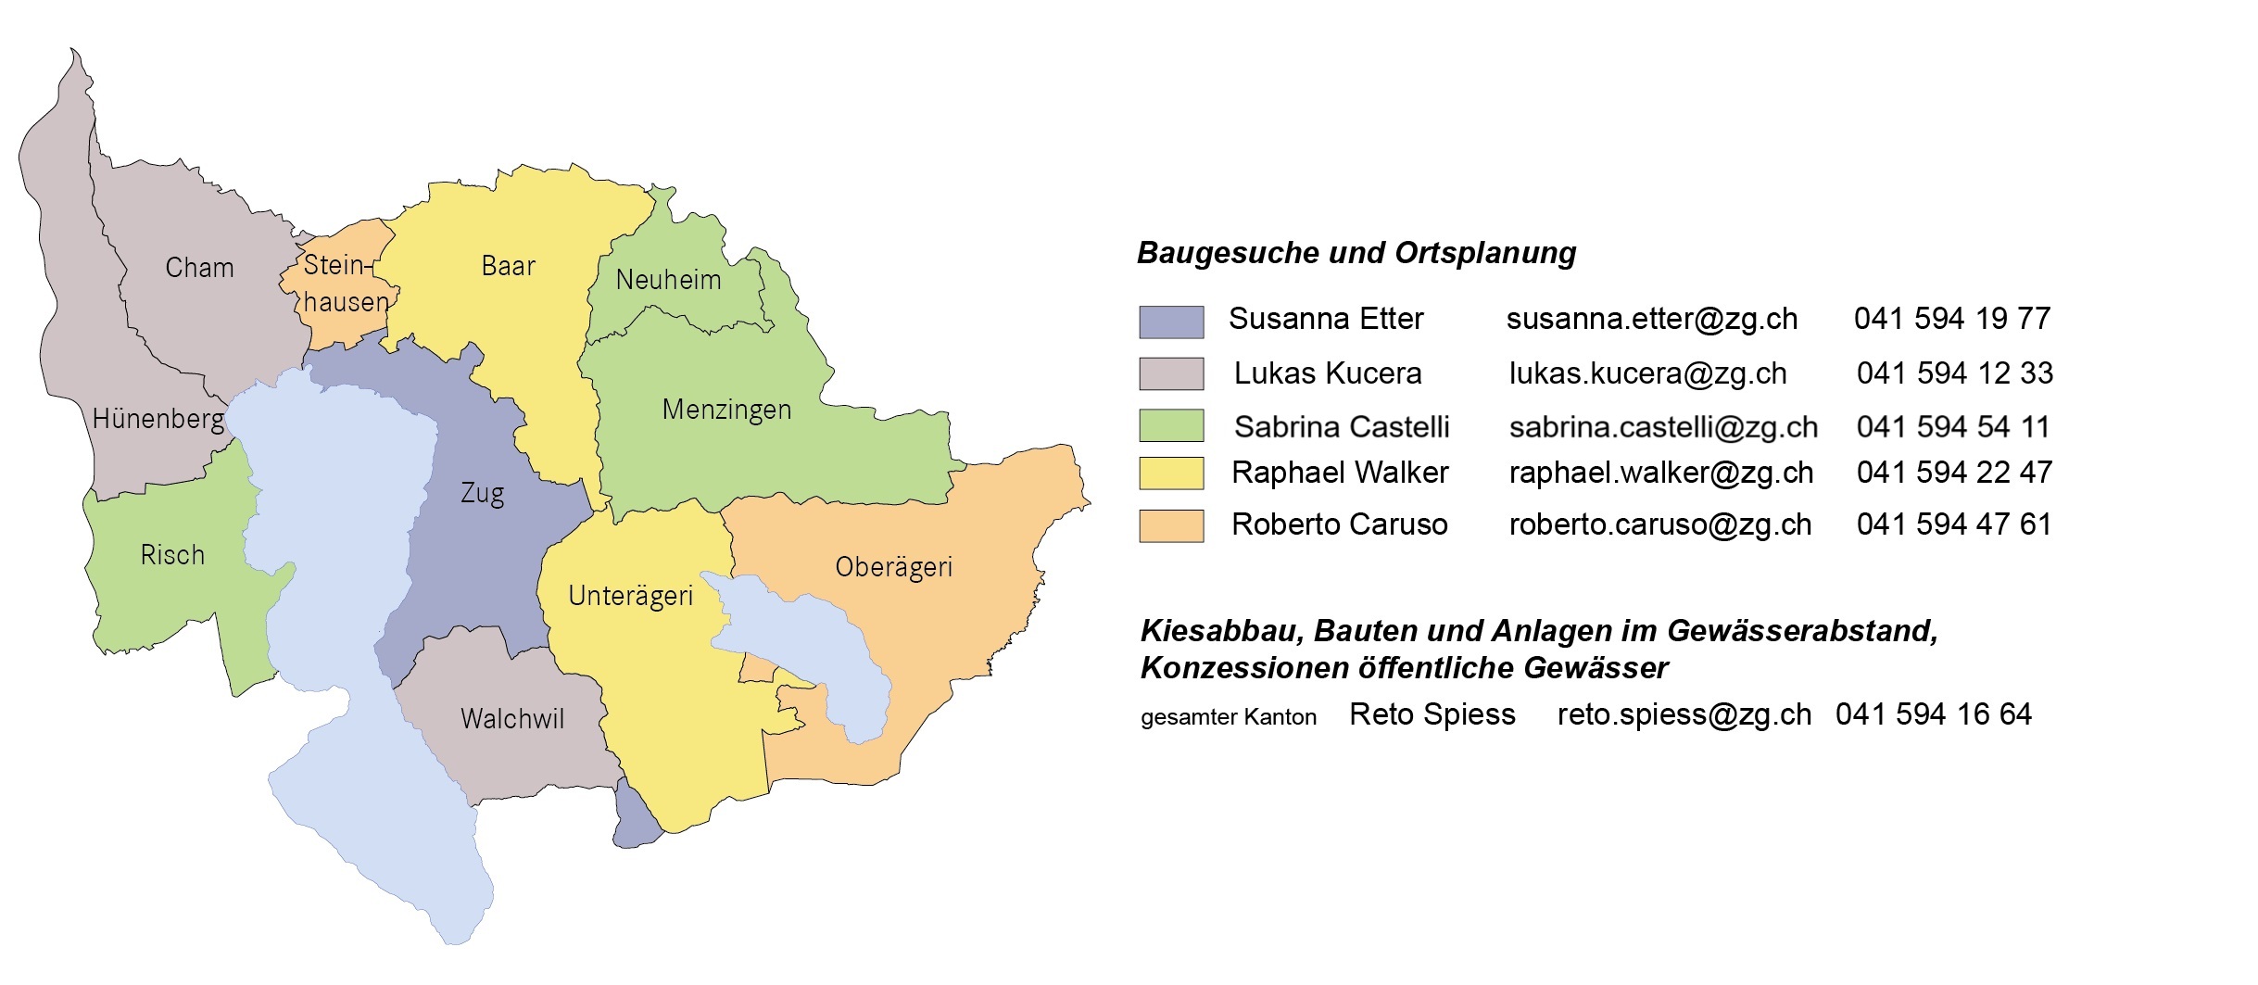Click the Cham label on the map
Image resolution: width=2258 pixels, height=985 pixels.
coord(199,268)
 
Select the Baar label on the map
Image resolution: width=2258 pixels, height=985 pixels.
coord(508,267)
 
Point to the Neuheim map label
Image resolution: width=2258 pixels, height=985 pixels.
coord(668,280)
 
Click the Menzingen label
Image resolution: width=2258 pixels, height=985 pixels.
coord(726,410)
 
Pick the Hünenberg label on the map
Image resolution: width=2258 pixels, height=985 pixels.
coord(158,419)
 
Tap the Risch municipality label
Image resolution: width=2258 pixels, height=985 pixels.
coord(172,555)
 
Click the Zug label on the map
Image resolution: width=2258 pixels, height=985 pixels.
coord(483,493)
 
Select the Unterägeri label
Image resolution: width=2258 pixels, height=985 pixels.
coord(630,596)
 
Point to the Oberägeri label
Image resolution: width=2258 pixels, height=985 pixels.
coord(893,567)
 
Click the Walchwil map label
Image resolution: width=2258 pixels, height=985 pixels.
coord(512,719)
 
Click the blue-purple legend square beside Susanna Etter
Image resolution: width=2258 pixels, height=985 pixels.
coord(1171,322)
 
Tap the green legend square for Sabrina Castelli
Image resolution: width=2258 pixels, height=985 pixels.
coord(1171,425)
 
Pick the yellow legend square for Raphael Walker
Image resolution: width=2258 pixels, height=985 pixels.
coord(1171,473)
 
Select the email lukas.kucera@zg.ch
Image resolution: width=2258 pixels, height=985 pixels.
coord(1647,373)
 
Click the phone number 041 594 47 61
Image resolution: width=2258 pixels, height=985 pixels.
coord(1954,524)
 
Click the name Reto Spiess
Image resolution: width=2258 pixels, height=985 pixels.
coord(1432,714)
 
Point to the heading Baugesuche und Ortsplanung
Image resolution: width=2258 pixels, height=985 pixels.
coord(1356,253)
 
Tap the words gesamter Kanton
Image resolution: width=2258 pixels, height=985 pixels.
coord(1228,717)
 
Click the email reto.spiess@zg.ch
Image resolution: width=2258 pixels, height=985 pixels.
coord(1684,714)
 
